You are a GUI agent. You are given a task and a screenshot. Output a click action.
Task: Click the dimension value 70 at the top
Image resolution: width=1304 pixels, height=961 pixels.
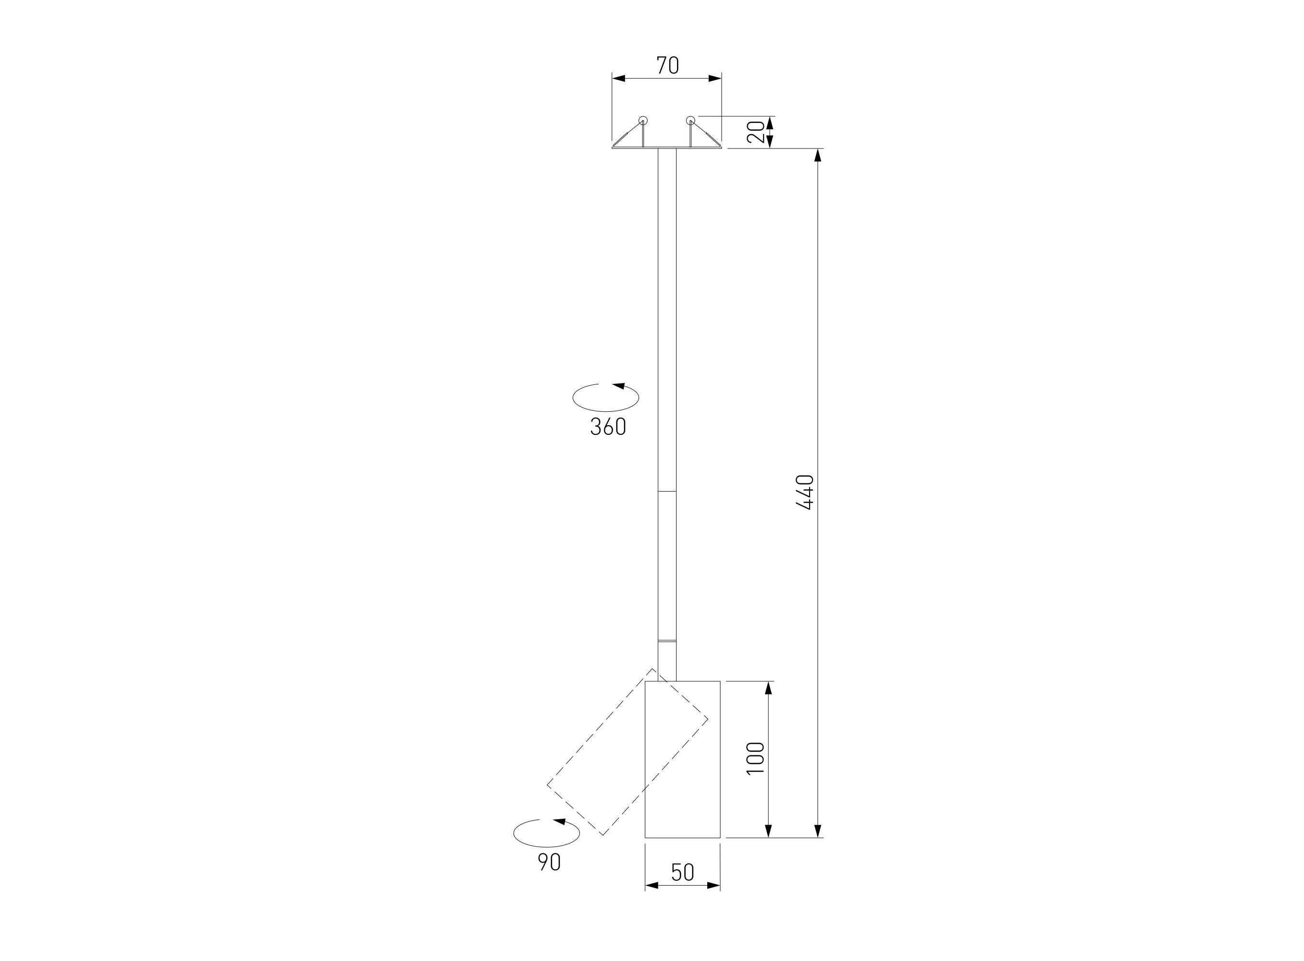pos(667,65)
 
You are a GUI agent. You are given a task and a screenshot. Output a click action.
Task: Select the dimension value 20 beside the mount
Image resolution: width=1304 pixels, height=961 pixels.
pos(755,132)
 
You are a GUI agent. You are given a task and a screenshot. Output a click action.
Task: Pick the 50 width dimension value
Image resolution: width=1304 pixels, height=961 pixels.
pos(683,872)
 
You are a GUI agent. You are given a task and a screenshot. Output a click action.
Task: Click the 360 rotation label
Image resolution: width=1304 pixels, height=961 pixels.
pos(608,427)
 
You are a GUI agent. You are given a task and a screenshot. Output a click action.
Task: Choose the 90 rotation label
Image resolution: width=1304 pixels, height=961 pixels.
pos(549,862)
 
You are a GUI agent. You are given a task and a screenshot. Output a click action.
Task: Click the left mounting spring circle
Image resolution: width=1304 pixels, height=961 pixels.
pos(643,121)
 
